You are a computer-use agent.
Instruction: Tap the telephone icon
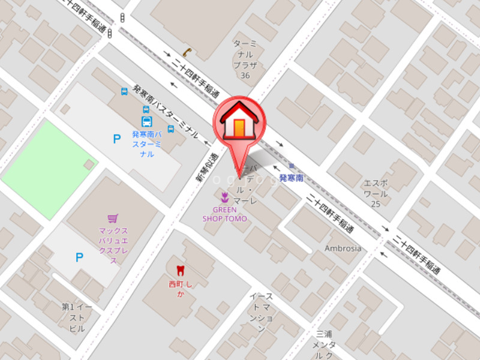pyautogui.click(x=187, y=52)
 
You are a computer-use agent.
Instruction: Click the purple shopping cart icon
pyautogui.click(x=112, y=218)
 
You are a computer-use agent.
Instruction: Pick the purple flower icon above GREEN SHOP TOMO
pyautogui.click(x=224, y=197)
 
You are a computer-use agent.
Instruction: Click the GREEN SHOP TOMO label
pyautogui.click(x=224, y=214)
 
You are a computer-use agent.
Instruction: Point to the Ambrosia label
pyautogui.click(x=343, y=248)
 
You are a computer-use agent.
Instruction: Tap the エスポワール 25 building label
pyautogui.click(x=376, y=193)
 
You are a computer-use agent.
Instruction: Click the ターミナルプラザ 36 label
pyautogui.click(x=245, y=59)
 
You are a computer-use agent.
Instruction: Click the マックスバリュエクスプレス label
pyautogui.click(x=113, y=245)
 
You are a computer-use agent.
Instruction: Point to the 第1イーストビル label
pyautogui.click(x=77, y=317)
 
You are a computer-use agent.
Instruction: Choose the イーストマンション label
pyautogui.click(x=261, y=313)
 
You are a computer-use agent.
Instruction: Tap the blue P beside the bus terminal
pyautogui.click(x=117, y=139)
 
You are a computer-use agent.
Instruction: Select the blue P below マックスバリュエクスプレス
pyautogui.click(x=79, y=257)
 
